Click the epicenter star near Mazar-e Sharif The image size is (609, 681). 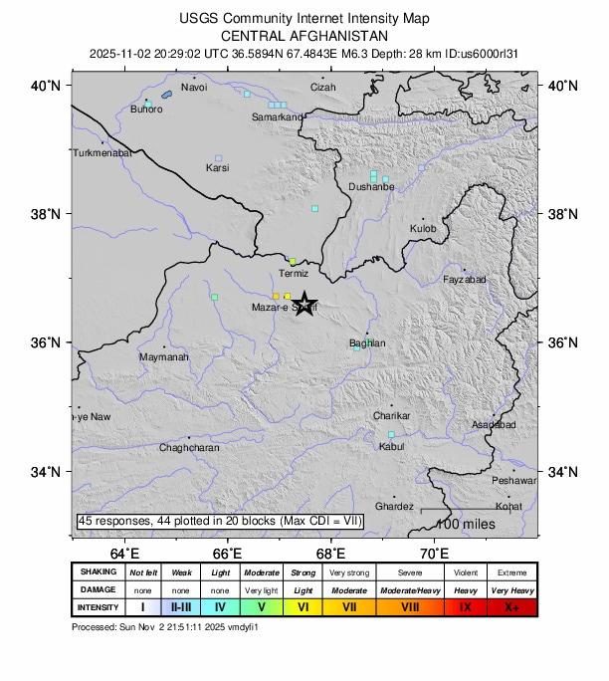305,305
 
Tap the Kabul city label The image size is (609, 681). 392,447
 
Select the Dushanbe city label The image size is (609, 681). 371,186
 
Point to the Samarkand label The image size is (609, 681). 277,117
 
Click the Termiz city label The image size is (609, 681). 294,274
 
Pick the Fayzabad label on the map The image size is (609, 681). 465,280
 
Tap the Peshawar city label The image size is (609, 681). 513,481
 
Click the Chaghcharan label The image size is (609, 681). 189,448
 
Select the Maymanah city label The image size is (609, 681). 163,356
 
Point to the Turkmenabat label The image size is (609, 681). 101,153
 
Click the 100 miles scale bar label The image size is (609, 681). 461,524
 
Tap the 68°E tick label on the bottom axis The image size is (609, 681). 330,553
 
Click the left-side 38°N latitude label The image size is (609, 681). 50,214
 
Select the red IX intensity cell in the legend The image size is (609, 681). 465,607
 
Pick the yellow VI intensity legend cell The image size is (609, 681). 304,607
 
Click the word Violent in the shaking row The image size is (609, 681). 465,572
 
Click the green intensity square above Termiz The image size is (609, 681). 292,261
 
